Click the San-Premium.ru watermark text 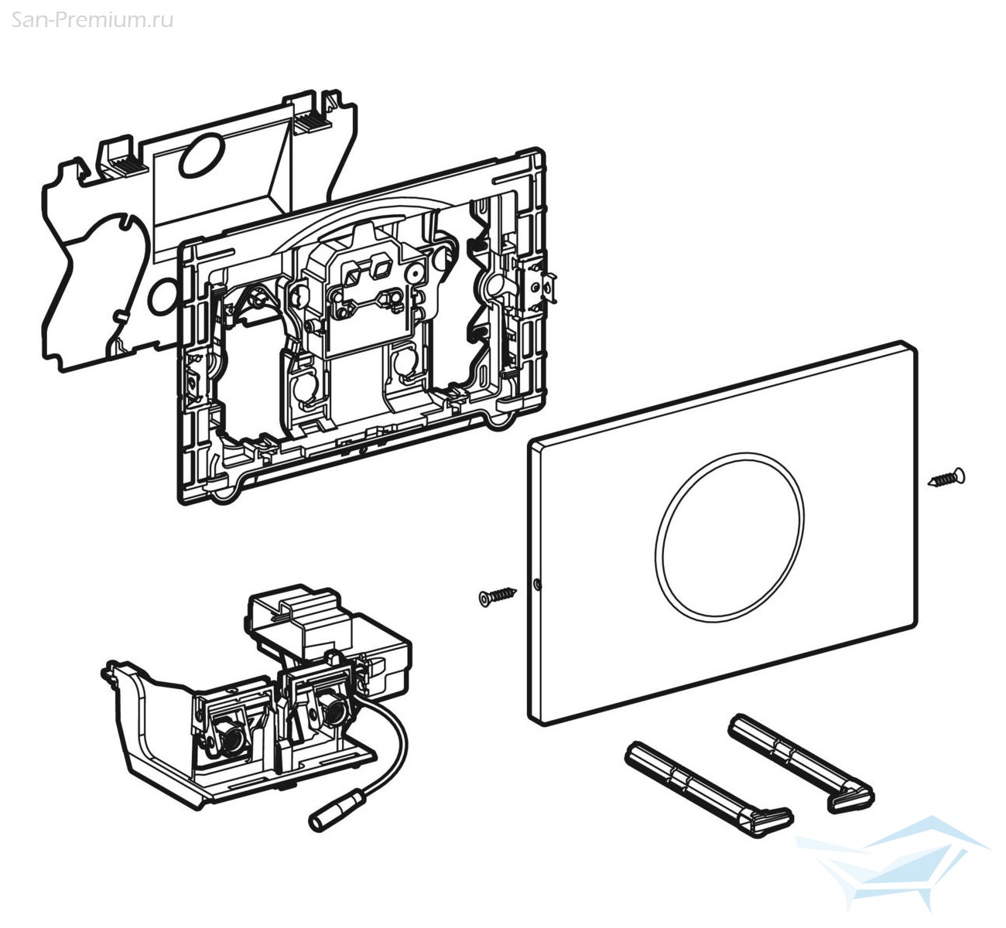pos(91,20)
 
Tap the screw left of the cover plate pos(497,596)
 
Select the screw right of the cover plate pos(946,477)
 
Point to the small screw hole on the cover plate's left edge pos(537,583)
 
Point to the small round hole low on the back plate pos(163,297)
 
